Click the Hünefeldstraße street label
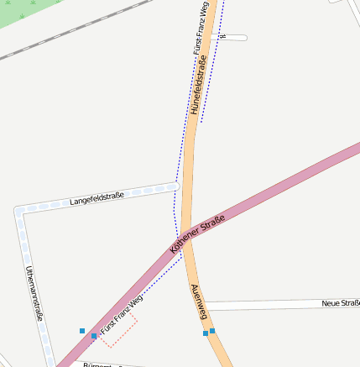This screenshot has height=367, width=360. point(197,85)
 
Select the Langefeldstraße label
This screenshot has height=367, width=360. point(97,199)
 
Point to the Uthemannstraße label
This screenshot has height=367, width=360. point(34,294)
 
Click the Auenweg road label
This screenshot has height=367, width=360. point(199,301)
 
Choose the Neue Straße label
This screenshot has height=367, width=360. point(341,302)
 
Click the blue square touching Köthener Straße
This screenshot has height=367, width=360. point(94,337)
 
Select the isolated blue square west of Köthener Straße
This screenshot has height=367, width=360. point(82,331)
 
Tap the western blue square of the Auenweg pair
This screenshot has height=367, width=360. point(206,333)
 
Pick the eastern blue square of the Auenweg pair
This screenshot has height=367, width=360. point(212,331)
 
